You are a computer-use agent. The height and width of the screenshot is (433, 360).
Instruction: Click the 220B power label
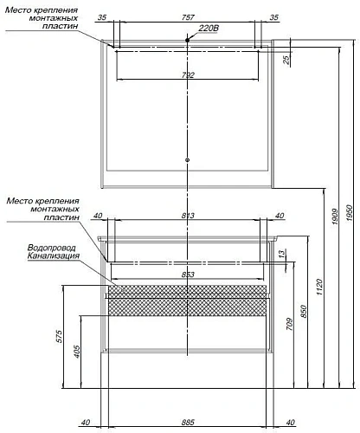[x=209, y=29]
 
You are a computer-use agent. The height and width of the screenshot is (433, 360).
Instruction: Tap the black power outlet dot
[x=188, y=40]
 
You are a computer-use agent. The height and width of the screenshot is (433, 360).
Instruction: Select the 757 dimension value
[x=188, y=17]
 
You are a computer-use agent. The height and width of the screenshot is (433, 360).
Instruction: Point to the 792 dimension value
[x=188, y=75]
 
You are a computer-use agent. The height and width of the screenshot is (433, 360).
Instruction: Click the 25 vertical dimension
[x=286, y=60]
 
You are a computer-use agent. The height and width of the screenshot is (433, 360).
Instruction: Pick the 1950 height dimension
[x=350, y=213]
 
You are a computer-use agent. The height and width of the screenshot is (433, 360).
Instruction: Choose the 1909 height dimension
[x=335, y=216]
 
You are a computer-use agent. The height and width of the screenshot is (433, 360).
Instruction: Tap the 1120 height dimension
[x=319, y=287]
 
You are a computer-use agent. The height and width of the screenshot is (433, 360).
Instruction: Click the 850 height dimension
[x=304, y=312]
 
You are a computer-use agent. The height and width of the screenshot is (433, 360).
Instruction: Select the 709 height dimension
[x=289, y=324]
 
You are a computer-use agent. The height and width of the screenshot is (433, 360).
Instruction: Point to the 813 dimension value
[x=188, y=216]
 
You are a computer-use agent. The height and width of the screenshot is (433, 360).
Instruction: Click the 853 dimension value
[x=188, y=275]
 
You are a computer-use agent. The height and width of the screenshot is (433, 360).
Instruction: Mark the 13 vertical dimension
[x=282, y=253]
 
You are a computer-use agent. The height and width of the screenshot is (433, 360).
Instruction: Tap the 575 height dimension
[x=58, y=336]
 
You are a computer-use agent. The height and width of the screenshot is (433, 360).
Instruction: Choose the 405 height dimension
[x=76, y=352]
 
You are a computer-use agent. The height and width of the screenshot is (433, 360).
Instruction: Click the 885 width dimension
[x=188, y=423]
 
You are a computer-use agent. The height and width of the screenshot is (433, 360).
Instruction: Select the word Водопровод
[x=52, y=248]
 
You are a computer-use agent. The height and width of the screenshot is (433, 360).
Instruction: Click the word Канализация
[x=54, y=255]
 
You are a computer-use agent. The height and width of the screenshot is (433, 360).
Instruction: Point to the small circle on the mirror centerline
[x=188, y=159]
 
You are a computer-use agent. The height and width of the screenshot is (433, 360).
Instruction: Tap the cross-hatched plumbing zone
[x=187, y=301]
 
